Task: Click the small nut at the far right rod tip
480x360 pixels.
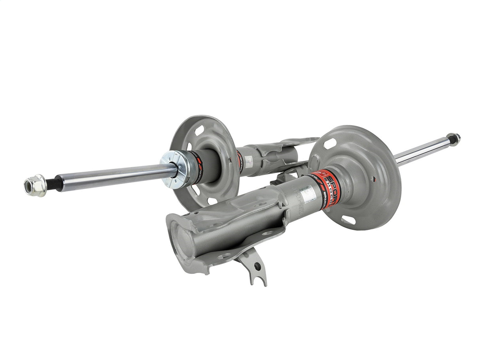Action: point(454,139)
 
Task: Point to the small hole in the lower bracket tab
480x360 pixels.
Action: point(258,266)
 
